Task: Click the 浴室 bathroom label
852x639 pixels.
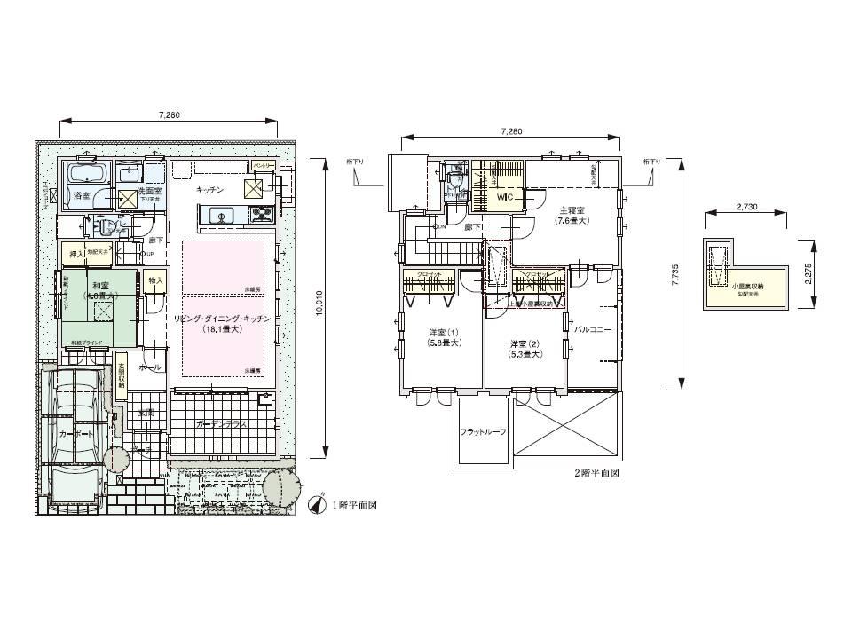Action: click(82, 194)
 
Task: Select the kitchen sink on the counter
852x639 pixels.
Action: click(218, 214)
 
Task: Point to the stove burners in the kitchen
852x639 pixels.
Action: click(262, 214)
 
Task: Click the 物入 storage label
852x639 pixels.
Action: click(155, 280)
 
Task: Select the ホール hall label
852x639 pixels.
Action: click(150, 366)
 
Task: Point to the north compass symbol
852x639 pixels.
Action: click(315, 505)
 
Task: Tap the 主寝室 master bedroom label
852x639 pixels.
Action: click(570, 210)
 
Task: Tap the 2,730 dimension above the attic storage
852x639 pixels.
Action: click(746, 207)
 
